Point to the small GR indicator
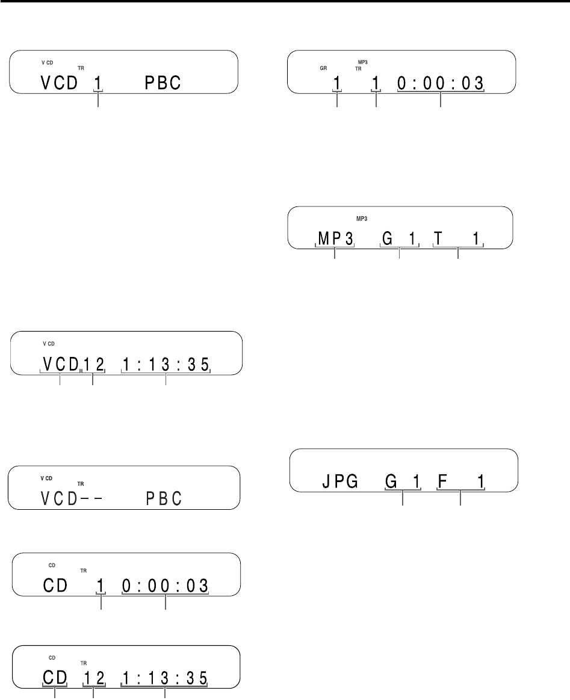pyautogui.click(x=323, y=69)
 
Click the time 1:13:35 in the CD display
pyautogui.click(x=166, y=678)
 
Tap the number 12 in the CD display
pyautogui.click(x=93, y=678)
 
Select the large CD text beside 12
pyautogui.click(x=55, y=678)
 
